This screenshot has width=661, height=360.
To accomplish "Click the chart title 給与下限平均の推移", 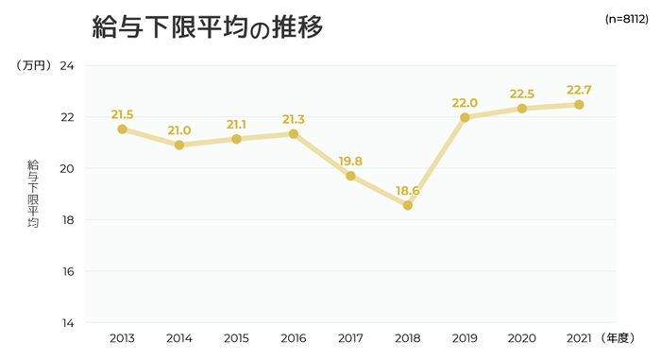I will click(x=207, y=27).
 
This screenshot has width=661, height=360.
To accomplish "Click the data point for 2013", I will click(x=122, y=129).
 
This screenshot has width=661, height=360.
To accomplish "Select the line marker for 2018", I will click(x=408, y=204).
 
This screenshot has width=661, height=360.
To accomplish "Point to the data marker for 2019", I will click(x=465, y=117).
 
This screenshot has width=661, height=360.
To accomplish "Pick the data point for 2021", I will click(x=579, y=105).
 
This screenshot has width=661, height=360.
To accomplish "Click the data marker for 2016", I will click(x=294, y=134).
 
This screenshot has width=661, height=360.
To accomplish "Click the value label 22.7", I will click(x=579, y=91).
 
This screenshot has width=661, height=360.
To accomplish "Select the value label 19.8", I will click(x=350, y=161).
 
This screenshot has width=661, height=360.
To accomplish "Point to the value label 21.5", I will click(x=122, y=115).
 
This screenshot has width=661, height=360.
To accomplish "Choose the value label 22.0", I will click(x=465, y=103).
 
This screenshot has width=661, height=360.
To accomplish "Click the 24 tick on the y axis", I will click(x=67, y=66).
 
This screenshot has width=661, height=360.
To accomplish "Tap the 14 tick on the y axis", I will click(x=67, y=323).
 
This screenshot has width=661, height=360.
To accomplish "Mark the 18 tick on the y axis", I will click(x=67, y=220).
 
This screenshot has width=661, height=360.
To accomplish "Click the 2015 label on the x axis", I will click(x=236, y=338).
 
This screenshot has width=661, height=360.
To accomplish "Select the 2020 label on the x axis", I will click(x=521, y=338).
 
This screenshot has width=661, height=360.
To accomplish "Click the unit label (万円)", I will click(x=32, y=66).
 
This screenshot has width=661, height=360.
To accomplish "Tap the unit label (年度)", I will click(x=622, y=338).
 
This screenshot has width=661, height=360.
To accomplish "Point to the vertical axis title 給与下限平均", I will click(x=33, y=195).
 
